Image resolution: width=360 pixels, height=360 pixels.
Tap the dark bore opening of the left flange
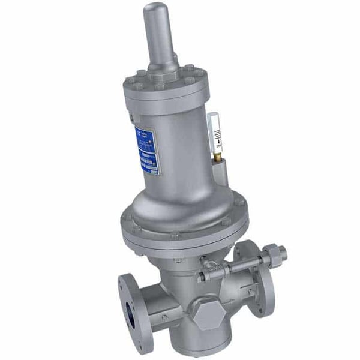click(x=130, y=317)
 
